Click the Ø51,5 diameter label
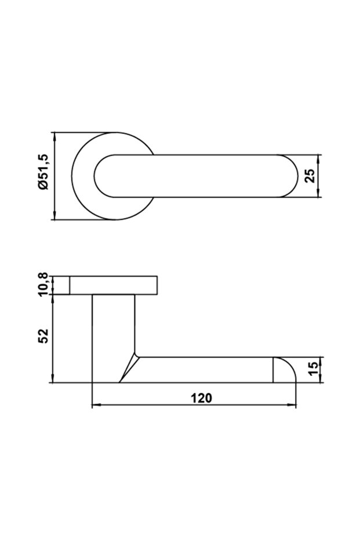pyautogui.click(x=44, y=172)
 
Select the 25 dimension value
pyautogui.click(x=310, y=176)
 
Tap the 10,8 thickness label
pyautogui.click(x=44, y=284)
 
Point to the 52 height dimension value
pyautogui.click(x=43, y=336)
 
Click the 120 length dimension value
pyautogui.click(x=202, y=398)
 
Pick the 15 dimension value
pyautogui.click(x=314, y=369)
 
